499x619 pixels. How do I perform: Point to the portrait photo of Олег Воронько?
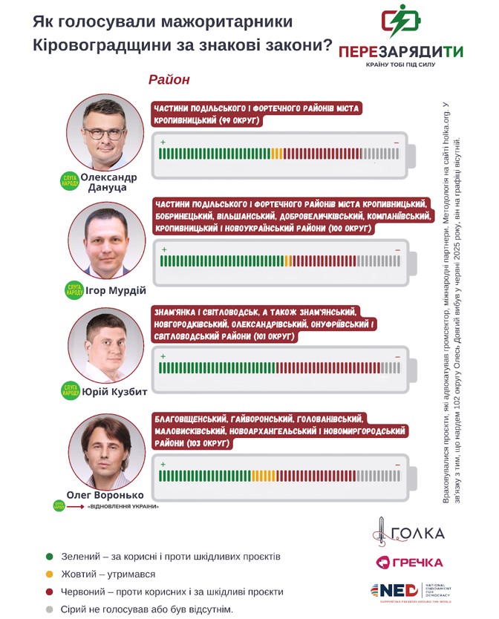click(x=104, y=453)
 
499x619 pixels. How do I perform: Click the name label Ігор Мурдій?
click(x=116, y=290)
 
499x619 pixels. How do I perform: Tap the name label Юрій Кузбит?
click(x=114, y=391)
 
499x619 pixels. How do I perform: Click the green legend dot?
click(x=49, y=556)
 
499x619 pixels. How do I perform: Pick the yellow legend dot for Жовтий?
click(x=49, y=574)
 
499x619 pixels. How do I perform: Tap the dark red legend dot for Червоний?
click(x=49, y=592)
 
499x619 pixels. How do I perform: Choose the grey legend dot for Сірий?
click(x=49, y=609)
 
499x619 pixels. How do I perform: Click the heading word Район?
click(x=169, y=79)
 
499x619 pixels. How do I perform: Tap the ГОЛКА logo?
click(x=410, y=531)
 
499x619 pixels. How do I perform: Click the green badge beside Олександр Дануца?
click(x=69, y=180)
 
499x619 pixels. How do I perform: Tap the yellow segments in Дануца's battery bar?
click(x=277, y=154)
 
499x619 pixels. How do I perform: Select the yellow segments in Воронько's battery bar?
click(x=260, y=476)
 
